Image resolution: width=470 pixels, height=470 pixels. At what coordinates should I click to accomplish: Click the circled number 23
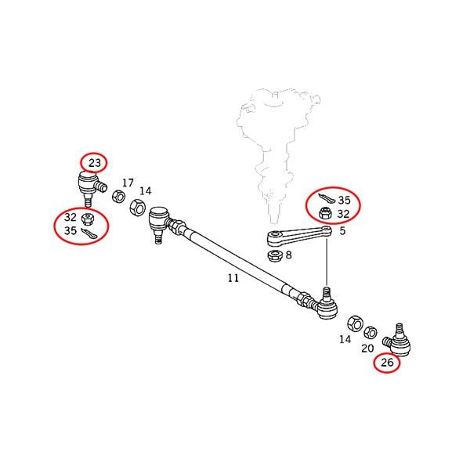[x=95, y=163]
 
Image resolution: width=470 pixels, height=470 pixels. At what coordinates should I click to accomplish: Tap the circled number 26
[x=387, y=363]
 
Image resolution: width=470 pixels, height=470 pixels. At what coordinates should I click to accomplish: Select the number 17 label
[x=128, y=183]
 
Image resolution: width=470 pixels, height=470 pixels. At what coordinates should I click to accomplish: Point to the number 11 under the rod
[x=233, y=278]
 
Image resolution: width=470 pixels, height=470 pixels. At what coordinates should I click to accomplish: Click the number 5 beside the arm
[x=342, y=231]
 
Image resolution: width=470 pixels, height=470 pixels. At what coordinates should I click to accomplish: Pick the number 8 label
[x=288, y=255]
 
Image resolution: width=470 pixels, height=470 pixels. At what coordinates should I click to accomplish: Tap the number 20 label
[x=367, y=349]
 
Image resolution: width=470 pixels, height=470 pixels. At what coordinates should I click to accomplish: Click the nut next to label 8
[x=275, y=255]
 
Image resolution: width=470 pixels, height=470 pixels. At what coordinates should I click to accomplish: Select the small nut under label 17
[x=119, y=197]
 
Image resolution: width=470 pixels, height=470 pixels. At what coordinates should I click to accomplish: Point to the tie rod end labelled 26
[x=397, y=340]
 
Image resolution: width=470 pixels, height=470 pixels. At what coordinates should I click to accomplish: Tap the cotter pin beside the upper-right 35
[x=326, y=198]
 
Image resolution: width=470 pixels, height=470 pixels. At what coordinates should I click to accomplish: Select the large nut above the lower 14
[x=355, y=324]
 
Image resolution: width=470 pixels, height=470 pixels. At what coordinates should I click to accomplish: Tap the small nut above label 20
[x=371, y=333]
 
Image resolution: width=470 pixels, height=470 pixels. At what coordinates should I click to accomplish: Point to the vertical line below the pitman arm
[x=327, y=261]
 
